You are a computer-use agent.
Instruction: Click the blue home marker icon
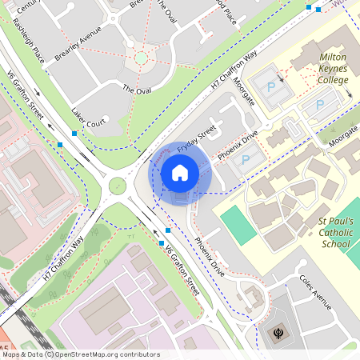coord(180,172)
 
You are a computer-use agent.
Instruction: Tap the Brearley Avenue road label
coord(78,47)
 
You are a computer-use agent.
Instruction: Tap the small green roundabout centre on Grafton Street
coord(118,186)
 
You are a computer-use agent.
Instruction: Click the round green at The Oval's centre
coord(142,58)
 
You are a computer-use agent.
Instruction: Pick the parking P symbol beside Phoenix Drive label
coord(246,160)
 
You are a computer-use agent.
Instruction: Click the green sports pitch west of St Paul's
coord(237,225)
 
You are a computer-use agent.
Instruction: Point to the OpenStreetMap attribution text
coord(81,354)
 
